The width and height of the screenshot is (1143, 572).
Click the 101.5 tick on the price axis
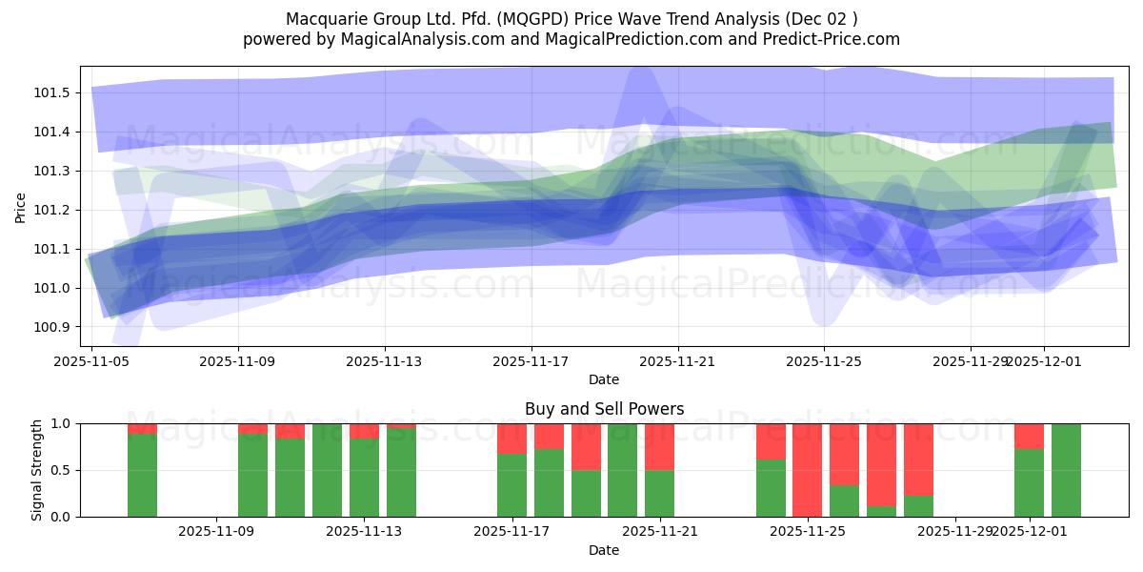[x=53, y=92]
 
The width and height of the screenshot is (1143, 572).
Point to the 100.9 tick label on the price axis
[x=53, y=327]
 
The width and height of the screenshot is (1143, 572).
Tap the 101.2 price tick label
[x=53, y=210]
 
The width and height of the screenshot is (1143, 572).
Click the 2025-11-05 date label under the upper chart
[x=91, y=361]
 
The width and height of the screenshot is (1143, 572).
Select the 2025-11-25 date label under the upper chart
[x=824, y=361]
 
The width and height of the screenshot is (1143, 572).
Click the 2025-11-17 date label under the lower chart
[x=512, y=532]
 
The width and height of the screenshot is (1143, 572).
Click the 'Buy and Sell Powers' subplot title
[x=604, y=409]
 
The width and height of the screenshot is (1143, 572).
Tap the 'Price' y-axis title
[x=21, y=206]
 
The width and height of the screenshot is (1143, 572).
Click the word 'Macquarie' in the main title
[x=320, y=19]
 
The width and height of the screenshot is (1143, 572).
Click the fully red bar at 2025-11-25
[x=807, y=470]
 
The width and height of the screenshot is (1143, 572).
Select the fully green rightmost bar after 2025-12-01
[x=1066, y=470]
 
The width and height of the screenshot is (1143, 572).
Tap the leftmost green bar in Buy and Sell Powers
[x=142, y=477]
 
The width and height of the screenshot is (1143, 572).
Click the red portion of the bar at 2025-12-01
[x=1029, y=436]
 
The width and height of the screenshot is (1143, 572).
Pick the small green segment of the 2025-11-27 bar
[x=881, y=511]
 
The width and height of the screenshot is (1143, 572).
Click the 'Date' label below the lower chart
[x=604, y=550]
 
